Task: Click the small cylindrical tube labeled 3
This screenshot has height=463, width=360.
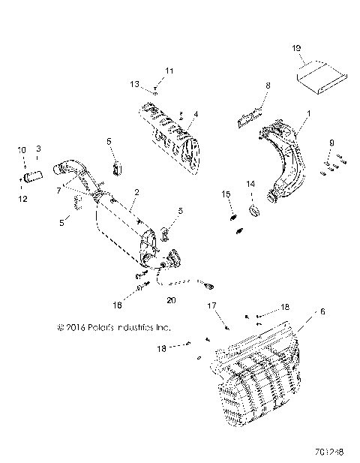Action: pyautogui.click(x=31, y=178)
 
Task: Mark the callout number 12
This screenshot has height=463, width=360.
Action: pyautogui.click(x=22, y=199)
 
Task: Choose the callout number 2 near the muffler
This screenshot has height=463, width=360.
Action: pyautogui.click(x=135, y=192)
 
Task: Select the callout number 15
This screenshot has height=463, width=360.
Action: pyautogui.click(x=225, y=194)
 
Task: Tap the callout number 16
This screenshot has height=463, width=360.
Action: pyautogui.click(x=137, y=306)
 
